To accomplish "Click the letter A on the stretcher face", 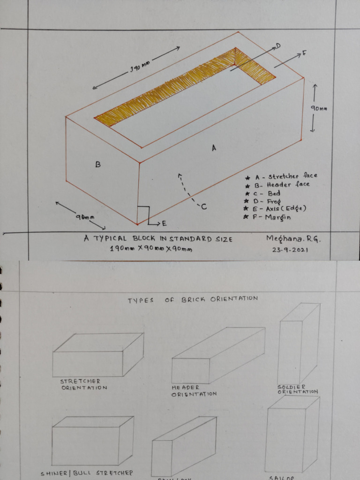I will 214,148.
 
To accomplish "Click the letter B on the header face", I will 98,165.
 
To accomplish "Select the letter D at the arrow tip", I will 277,45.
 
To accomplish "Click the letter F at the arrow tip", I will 304,53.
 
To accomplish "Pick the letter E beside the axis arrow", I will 164,223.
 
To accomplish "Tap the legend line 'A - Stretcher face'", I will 280,177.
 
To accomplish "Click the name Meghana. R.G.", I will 294,239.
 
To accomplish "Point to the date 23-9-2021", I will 291,250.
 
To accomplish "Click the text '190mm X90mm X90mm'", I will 150,249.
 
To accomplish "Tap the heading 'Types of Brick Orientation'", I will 193,299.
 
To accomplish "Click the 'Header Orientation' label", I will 193,391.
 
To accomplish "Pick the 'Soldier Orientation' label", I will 297,389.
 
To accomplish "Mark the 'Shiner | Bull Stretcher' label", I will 87,473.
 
